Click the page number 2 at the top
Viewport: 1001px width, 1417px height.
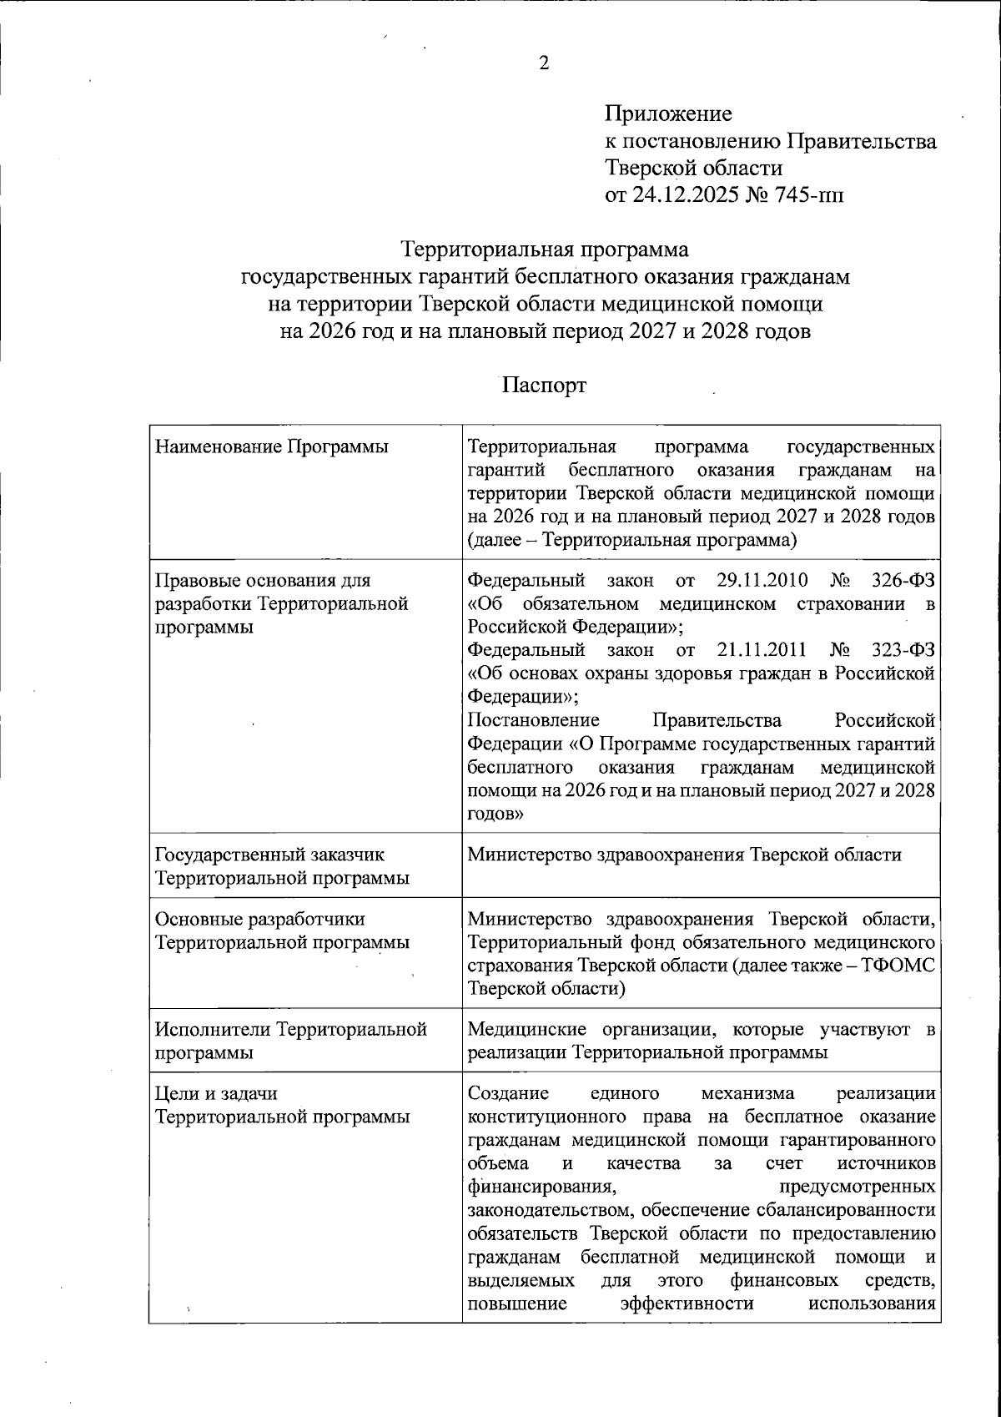[x=544, y=64]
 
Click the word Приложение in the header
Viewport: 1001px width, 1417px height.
[x=667, y=113]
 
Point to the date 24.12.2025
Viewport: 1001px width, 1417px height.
[x=683, y=196]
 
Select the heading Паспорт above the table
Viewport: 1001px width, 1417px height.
[x=544, y=386]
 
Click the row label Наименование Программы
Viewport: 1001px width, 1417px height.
[x=271, y=447]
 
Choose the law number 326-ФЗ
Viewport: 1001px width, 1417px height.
[x=902, y=579]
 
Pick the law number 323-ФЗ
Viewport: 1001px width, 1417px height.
[x=902, y=649]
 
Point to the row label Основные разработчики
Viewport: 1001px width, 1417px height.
[x=260, y=919]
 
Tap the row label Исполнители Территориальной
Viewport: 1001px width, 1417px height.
[x=291, y=1030]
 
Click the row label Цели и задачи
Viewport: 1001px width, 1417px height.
[x=216, y=1093]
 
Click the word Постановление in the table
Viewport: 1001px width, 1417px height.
[x=533, y=719]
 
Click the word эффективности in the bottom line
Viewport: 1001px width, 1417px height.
[x=687, y=1304]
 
